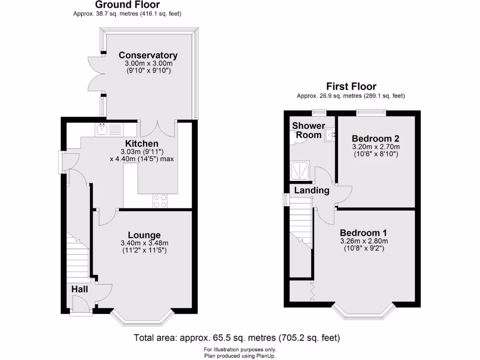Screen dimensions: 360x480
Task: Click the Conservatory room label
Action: coord(148,55)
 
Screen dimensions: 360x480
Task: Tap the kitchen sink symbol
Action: coord(108,129)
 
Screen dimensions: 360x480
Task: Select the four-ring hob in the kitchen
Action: coord(159,201)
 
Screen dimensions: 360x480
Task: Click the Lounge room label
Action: coord(144,235)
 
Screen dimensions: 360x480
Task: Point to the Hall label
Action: coord(80,289)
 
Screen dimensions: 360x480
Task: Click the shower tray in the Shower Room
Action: coord(300,171)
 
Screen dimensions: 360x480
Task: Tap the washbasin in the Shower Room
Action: coord(330,135)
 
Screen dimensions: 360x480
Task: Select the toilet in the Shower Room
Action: coord(297,136)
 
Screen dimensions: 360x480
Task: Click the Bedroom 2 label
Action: coord(375,138)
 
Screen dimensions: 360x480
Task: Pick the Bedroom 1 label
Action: coord(363,233)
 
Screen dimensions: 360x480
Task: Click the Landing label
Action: coord(312,190)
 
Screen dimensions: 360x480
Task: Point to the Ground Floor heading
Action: coord(127,5)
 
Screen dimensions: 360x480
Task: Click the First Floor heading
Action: coord(351,87)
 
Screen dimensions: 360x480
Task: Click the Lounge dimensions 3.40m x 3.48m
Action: coord(144,243)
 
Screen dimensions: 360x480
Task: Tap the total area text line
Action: coord(237,337)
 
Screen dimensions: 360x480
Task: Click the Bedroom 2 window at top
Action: coord(371,112)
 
